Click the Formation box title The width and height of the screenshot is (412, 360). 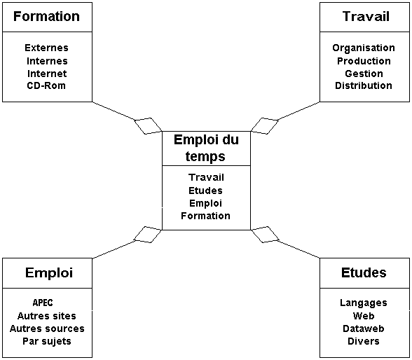click(46, 16)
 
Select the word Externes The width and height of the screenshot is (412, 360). click(46, 48)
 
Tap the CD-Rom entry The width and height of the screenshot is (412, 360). click(46, 85)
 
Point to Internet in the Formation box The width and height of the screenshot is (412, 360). click(47, 74)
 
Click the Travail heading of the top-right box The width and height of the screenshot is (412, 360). click(366, 16)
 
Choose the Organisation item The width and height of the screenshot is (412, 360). click(364, 48)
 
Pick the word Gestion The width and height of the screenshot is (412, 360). click(364, 74)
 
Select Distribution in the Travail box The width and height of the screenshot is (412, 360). click(364, 85)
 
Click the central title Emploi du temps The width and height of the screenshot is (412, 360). click(206, 148)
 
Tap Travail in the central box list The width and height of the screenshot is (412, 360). click(206, 177)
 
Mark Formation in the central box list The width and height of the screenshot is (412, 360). click(206, 216)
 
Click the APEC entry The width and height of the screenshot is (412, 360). click(43, 303)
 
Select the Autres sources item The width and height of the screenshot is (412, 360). click(47, 328)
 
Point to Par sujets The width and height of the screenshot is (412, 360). click(47, 341)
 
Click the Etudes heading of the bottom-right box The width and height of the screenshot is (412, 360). click(364, 272)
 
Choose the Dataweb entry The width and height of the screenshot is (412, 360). click(364, 328)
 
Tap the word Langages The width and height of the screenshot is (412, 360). click(364, 303)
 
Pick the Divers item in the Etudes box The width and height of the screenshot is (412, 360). click(364, 341)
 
